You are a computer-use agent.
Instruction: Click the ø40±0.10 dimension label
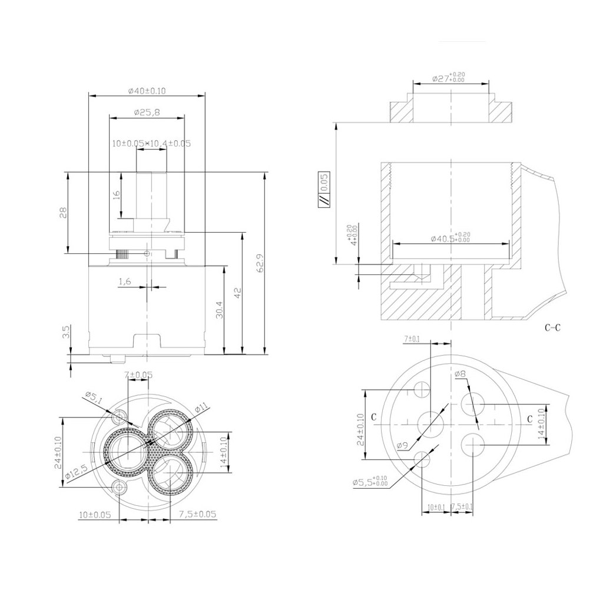[147, 90]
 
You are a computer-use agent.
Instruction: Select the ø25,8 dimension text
[147, 112]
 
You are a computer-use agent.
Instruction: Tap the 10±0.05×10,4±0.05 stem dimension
[151, 143]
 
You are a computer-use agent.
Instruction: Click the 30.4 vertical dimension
[219, 310]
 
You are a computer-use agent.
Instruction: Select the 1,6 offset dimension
[124, 282]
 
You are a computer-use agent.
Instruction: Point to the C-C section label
[552, 329]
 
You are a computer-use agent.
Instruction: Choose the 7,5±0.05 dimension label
[197, 514]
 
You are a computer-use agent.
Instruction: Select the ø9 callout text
[403, 445]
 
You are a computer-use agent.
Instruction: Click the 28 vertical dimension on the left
[62, 212]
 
